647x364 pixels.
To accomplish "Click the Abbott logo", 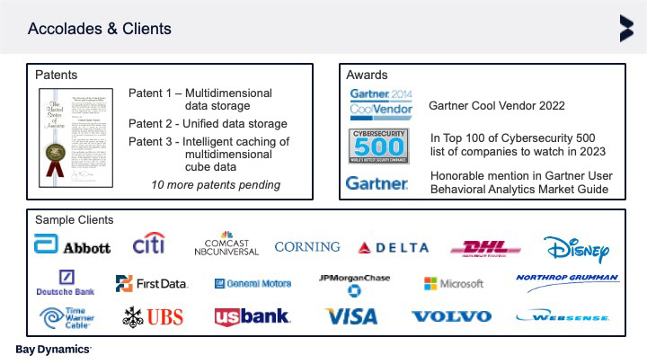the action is click(x=72, y=245).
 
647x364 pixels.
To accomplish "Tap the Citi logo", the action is click(x=148, y=244).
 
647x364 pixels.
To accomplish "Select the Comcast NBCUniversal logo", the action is click(x=226, y=245).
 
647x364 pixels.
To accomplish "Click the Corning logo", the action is click(x=307, y=246).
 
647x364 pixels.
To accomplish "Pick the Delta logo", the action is click(x=393, y=247).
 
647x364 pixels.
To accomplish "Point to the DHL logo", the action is click(x=485, y=247).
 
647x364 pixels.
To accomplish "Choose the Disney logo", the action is click(x=577, y=247).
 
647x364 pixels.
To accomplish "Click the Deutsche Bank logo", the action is click(x=66, y=283).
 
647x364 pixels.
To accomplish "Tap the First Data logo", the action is click(x=152, y=283).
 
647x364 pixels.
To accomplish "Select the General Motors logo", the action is click(x=253, y=283).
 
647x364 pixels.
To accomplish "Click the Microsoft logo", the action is click(x=454, y=283).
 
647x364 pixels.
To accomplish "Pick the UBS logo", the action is click(x=153, y=315).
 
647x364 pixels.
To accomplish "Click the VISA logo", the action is click(x=351, y=316).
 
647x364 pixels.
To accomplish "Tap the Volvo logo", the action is click(x=451, y=316).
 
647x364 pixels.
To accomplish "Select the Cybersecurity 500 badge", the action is click(x=379, y=145).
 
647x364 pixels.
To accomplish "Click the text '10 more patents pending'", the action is click(x=216, y=185).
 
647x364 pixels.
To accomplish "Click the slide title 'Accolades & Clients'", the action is click(x=100, y=29).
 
